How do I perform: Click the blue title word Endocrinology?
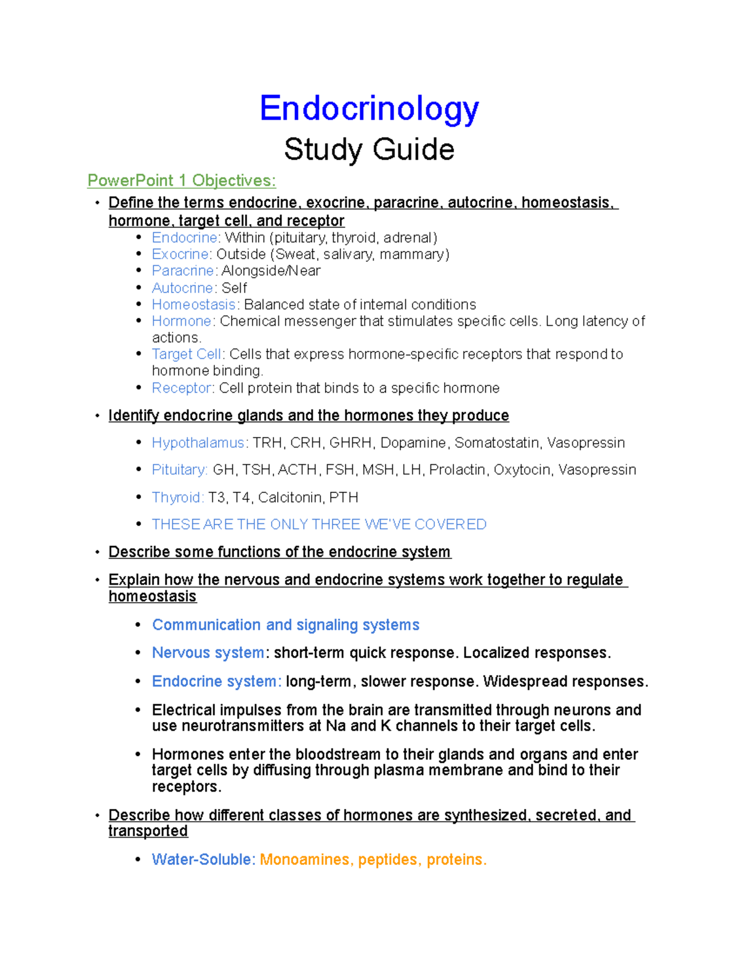pyautogui.click(x=369, y=109)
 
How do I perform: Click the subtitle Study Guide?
pyautogui.click(x=369, y=150)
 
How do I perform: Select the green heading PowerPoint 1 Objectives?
pyautogui.click(x=181, y=180)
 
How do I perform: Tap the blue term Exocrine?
pyautogui.click(x=181, y=254)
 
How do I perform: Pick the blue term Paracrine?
pyautogui.click(x=183, y=271)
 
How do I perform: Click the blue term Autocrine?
pyautogui.click(x=183, y=288)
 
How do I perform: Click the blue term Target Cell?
pyautogui.click(x=187, y=355)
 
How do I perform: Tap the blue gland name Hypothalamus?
pyautogui.click(x=198, y=443)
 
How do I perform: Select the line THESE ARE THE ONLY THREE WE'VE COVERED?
pyautogui.click(x=319, y=524)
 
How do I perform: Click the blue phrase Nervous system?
pyautogui.click(x=208, y=653)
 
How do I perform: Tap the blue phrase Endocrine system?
pyautogui.click(x=216, y=681)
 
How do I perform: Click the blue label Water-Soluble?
pyautogui.click(x=202, y=860)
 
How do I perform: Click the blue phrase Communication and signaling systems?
pyautogui.click(x=286, y=625)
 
